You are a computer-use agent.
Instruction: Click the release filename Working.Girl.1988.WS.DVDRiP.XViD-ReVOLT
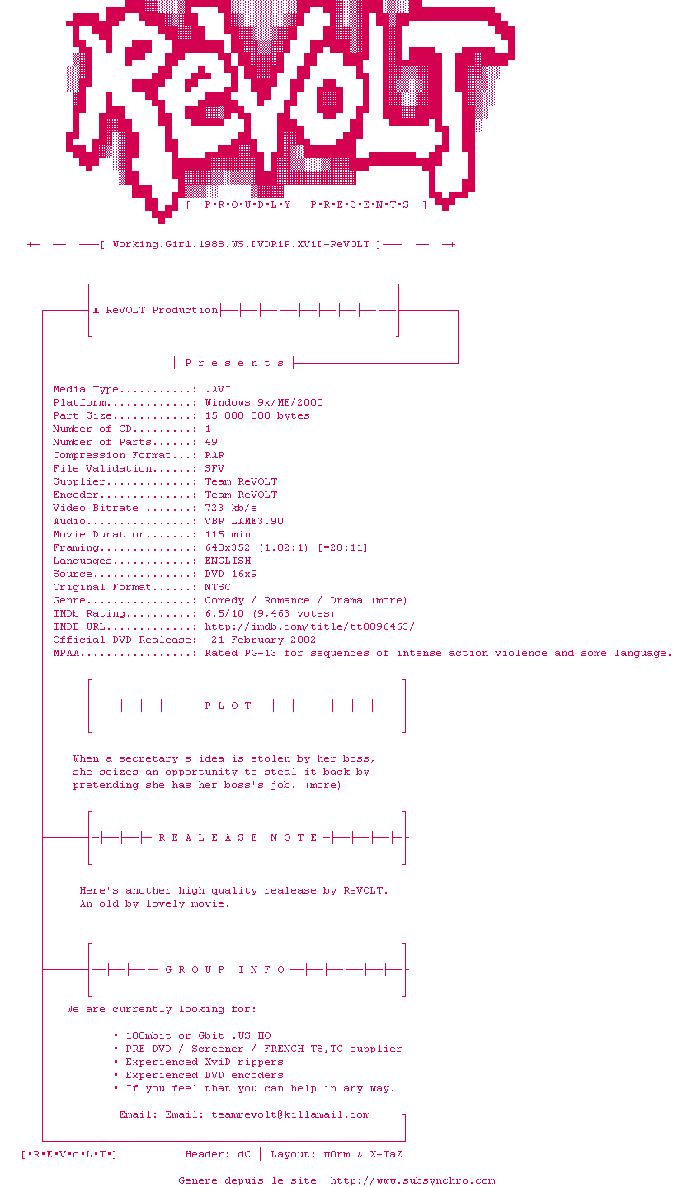[241, 244]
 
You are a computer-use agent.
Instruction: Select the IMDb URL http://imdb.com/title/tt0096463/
[309, 626]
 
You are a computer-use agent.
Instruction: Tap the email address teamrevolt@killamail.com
[290, 1114]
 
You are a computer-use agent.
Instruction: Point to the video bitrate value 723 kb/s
[231, 508]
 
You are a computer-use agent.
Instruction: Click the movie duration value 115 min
[228, 534]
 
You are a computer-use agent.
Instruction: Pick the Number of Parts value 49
[211, 442]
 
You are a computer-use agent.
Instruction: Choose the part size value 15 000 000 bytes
[257, 415]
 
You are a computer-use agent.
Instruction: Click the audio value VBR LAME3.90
[244, 521]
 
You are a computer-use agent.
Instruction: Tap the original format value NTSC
[218, 587]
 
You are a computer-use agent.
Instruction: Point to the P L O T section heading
[228, 706]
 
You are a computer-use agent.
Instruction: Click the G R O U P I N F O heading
[225, 969]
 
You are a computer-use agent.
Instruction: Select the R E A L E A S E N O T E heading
[238, 837]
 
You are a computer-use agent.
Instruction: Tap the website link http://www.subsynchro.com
[412, 1180]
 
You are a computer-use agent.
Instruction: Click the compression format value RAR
[214, 455]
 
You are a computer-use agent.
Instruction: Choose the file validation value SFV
[214, 468]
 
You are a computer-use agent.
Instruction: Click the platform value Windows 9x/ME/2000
[264, 402]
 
